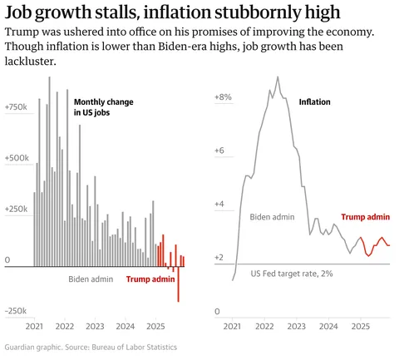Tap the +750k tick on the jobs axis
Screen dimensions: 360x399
coord(17,107)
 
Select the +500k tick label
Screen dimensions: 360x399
coord(17,157)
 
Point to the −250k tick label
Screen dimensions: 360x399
coord(17,311)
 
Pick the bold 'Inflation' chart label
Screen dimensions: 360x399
coord(314,102)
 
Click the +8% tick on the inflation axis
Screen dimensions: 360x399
coord(223,97)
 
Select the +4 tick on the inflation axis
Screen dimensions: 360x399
coord(220,204)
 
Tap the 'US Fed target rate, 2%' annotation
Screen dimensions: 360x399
coord(292,274)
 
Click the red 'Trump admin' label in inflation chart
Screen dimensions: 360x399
coord(366,216)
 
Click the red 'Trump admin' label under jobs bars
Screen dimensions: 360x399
coord(150,279)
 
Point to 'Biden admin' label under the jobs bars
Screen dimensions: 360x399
coord(91,279)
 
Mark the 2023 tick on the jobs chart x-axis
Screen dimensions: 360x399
coord(95,327)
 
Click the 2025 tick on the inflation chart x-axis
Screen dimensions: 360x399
coord(361,327)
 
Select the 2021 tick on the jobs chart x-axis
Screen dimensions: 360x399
coord(35,327)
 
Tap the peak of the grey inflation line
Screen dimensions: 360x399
coord(278,77)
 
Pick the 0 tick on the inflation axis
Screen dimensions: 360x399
coord(217,311)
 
